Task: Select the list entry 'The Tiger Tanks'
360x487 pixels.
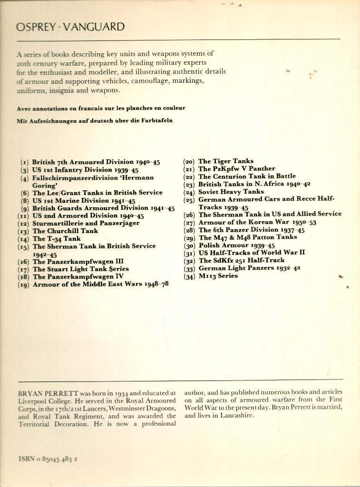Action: pyautogui.click(x=225, y=161)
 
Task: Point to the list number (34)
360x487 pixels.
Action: pyautogui.click(x=189, y=276)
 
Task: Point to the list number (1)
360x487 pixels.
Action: pyautogui.click(x=24, y=162)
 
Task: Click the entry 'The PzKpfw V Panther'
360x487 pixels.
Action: pyautogui.click(x=236, y=169)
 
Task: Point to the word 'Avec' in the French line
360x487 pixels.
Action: pyautogui.click(x=24, y=108)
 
